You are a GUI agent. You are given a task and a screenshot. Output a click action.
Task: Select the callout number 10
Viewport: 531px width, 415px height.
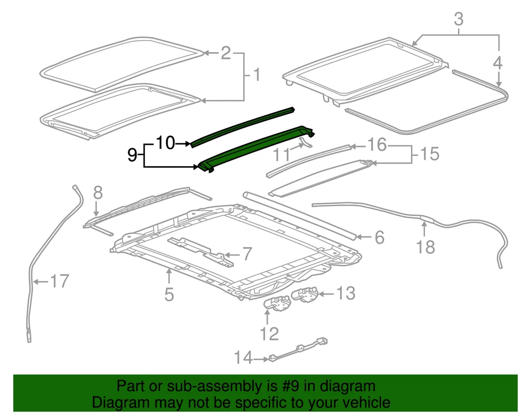[x=165, y=144]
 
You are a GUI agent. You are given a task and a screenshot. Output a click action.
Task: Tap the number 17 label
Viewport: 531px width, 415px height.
[x=59, y=281]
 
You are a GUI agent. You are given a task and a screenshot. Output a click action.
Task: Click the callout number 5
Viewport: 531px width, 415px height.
[x=169, y=294]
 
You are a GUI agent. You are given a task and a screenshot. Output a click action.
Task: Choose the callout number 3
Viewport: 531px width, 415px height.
[x=459, y=19]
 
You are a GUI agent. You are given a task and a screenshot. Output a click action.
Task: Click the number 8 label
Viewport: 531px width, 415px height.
[x=97, y=192]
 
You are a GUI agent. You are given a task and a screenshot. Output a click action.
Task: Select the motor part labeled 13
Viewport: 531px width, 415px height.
[x=306, y=295]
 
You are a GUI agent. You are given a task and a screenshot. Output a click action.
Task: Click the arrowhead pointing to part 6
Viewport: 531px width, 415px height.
[x=359, y=237]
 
